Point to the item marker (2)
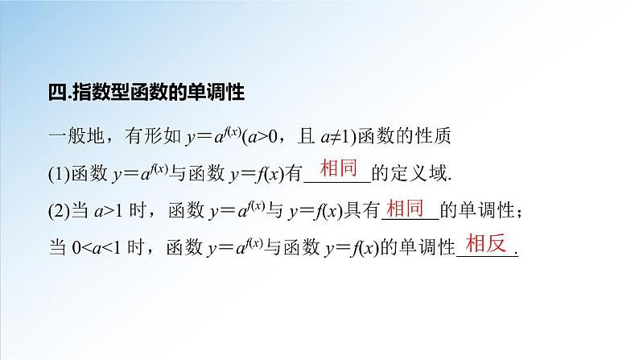point(59,211)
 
